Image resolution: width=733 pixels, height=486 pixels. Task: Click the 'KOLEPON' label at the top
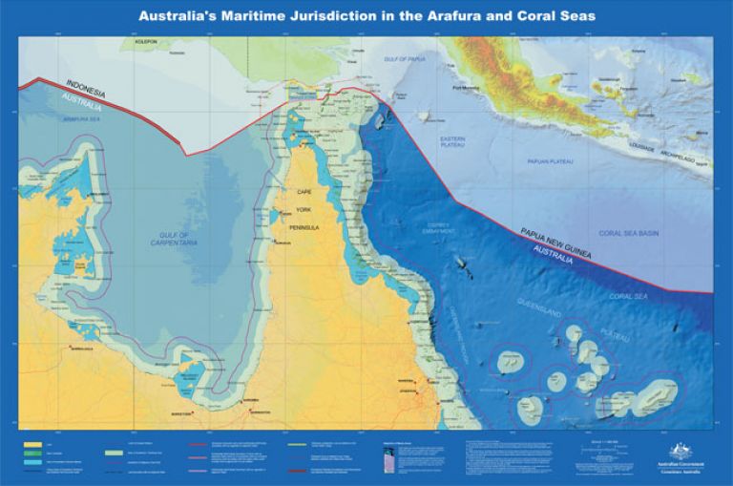[146, 43]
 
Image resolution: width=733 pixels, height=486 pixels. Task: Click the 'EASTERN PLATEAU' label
[451, 143]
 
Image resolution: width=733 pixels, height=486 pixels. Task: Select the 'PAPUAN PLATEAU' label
[548, 161]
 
